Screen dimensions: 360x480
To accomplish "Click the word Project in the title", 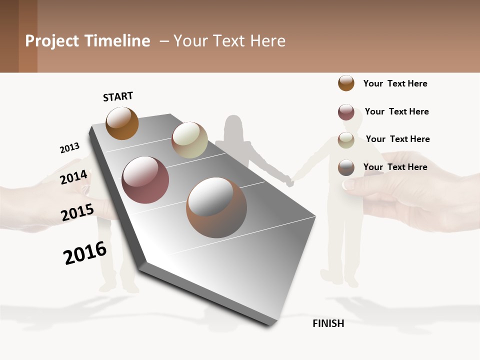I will (52, 41).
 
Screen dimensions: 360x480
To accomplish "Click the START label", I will (118, 96).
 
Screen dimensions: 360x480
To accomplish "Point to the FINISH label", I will (328, 323).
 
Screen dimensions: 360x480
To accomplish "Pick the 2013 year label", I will (69, 148).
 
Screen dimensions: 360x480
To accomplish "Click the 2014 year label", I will (74, 177).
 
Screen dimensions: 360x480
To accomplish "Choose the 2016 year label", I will (85, 252).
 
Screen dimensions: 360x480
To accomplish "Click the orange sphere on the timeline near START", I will (122, 123).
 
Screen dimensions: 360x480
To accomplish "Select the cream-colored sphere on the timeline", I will (189, 140).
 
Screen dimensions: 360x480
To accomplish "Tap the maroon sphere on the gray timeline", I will (145, 180).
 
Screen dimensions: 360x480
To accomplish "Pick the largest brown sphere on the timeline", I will (216, 207).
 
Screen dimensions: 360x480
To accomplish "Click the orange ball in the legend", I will (346, 83).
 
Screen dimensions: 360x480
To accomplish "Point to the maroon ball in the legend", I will (346, 111).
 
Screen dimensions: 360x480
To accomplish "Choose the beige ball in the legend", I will (346, 139).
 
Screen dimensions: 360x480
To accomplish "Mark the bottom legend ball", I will (346, 167).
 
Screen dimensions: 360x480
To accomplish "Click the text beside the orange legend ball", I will (395, 83).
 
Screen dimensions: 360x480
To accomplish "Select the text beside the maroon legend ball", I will (396, 111).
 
